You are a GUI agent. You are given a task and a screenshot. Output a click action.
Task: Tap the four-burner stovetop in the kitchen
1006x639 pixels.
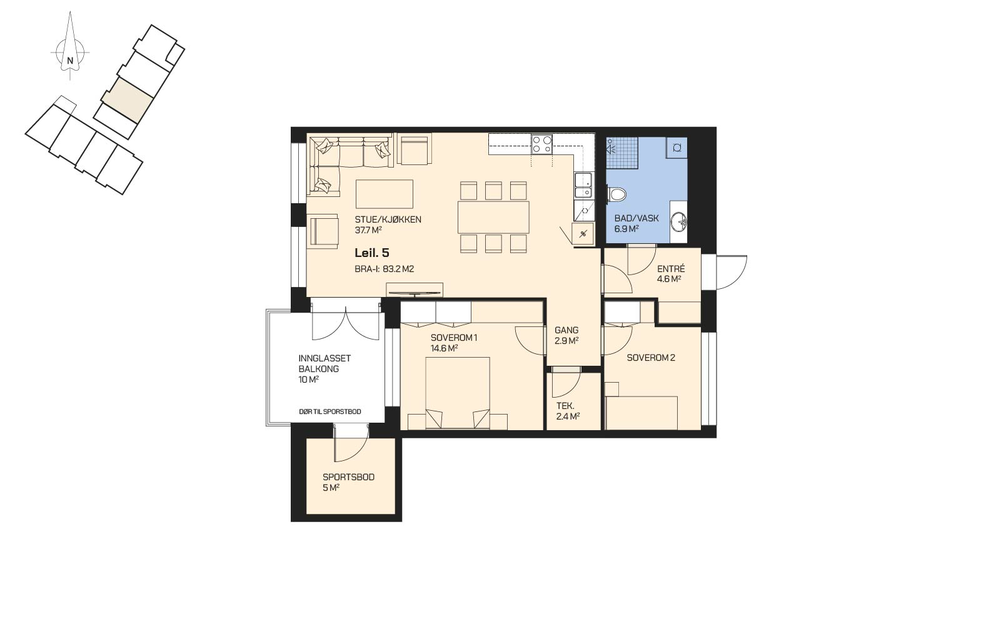click(x=541, y=144)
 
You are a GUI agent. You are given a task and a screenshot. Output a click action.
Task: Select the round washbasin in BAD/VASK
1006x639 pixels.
click(x=678, y=221)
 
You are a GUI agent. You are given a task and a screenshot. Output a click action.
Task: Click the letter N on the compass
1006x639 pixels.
click(x=69, y=60)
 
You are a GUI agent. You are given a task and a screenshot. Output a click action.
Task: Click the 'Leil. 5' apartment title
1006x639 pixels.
click(x=372, y=253)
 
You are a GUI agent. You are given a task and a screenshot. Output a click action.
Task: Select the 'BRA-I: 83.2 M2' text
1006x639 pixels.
click(x=384, y=269)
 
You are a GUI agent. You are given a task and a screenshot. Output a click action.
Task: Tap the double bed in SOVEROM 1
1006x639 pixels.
click(x=458, y=393)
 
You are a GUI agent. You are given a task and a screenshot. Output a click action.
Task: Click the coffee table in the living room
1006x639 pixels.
click(x=385, y=194)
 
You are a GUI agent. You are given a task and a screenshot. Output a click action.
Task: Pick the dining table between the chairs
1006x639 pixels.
click(x=493, y=218)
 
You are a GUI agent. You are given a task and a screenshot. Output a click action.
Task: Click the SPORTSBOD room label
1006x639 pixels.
click(x=348, y=477)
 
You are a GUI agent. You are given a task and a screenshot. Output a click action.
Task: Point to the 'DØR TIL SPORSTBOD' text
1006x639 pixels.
click(x=330, y=412)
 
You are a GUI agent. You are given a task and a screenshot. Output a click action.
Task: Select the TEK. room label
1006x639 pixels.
click(x=565, y=406)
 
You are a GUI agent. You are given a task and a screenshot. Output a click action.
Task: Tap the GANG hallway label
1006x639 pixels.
click(x=566, y=330)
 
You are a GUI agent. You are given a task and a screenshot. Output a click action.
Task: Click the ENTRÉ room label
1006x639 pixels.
click(x=671, y=269)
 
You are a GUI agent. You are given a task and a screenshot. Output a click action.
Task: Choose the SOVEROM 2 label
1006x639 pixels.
click(x=651, y=358)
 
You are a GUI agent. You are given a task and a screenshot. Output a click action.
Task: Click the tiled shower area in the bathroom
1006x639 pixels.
click(x=622, y=152)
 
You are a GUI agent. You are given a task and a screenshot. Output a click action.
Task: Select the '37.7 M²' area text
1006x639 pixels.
click(x=368, y=230)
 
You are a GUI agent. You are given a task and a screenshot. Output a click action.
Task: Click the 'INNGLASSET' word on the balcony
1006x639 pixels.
click(x=324, y=358)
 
